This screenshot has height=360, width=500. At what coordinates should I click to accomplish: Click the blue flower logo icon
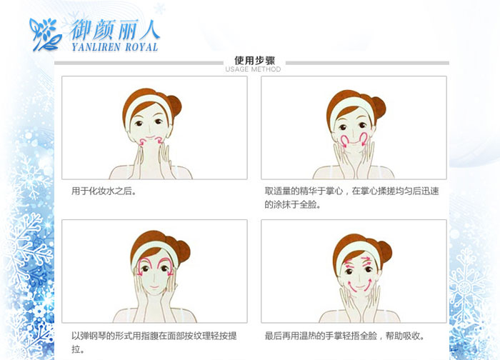click(x=45, y=34)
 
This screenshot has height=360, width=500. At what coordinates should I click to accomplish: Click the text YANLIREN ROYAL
click(x=115, y=47)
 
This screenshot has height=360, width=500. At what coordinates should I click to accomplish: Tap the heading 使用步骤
click(x=254, y=60)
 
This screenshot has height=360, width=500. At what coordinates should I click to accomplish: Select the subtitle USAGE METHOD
click(x=253, y=69)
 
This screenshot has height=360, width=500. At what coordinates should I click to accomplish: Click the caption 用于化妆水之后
click(x=104, y=191)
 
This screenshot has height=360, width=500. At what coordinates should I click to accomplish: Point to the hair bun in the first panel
click(x=175, y=105)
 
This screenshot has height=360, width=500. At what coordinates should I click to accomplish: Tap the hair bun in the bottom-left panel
click(x=184, y=250)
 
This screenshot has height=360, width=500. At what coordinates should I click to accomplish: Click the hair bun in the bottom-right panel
click(x=385, y=252)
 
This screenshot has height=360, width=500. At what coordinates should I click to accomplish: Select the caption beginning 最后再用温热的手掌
click(x=344, y=336)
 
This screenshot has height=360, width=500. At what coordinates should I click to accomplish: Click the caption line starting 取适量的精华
click(x=351, y=191)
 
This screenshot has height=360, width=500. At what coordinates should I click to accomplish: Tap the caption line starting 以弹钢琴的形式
click(x=154, y=336)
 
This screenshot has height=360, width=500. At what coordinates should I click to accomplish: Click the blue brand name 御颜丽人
click(x=115, y=30)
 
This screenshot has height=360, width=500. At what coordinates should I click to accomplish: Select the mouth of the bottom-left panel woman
click(x=154, y=286)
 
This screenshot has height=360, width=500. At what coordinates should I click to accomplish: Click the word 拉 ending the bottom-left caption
click(x=76, y=349)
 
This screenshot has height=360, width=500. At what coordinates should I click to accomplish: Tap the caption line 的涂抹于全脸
click(x=292, y=204)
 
